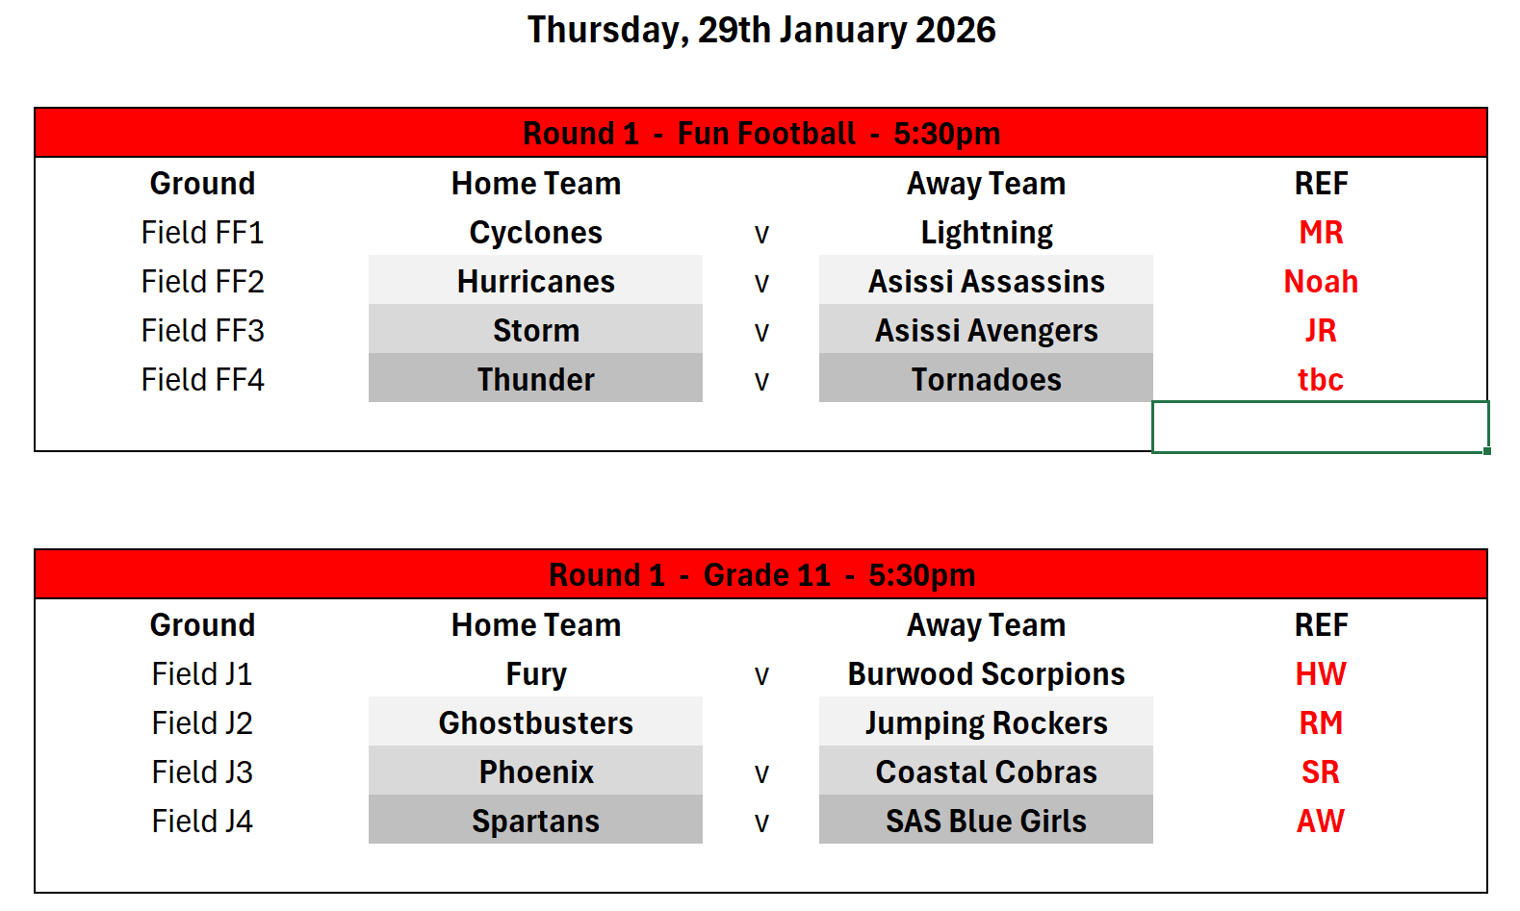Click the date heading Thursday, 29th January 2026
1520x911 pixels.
coord(761,31)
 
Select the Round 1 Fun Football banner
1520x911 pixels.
coord(760,133)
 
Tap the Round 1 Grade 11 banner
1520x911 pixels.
coord(760,574)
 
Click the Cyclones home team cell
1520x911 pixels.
coord(535,233)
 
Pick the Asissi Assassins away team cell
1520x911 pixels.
coord(986,281)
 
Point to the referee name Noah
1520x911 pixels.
coord(1321,282)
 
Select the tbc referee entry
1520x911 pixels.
coord(1321,379)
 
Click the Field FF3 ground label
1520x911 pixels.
coord(202,330)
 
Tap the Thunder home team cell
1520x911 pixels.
coord(535,378)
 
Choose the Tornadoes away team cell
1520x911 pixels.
coord(986,378)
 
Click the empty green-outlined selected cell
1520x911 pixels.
coord(1320,427)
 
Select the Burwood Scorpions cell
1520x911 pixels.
coord(986,674)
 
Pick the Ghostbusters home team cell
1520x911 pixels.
coord(535,722)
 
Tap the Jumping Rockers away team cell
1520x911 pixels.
coord(986,722)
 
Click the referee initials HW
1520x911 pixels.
coord(1321,674)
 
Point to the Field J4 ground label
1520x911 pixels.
coord(202,821)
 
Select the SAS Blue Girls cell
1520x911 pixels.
coord(986,821)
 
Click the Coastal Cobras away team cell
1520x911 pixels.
coord(986,772)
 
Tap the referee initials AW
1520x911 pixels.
coord(1321,821)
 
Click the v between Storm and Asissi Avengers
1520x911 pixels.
coord(761,333)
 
